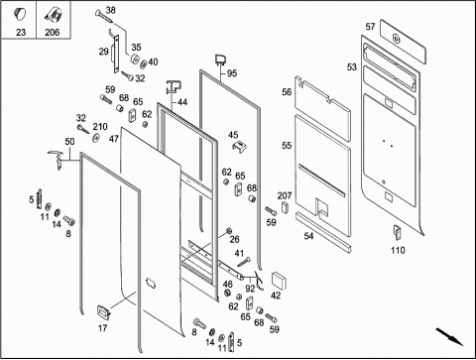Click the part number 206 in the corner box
click(x=53, y=33)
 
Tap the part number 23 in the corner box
click(x=21, y=33)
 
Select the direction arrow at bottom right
click(x=449, y=336)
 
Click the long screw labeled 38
click(x=104, y=17)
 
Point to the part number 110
click(x=398, y=250)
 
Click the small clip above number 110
click(x=397, y=232)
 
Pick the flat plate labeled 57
click(x=403, y=41)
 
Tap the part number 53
click(x=352, y=67)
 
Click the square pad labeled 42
click(x=279, y=282)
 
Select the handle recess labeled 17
click(x=103, y=312)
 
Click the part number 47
click(x=114, y=139)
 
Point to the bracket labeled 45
click(x=240, y=147)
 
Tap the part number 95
click(x=232, y=73)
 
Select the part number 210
click(x=100, y=127)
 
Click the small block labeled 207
click(x=285, y=207)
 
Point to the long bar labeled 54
click(x=323, y=232)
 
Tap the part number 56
click(x=287, y=92)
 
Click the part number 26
click(x=234, y=239)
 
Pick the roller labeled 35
click(x=135, y=60)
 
